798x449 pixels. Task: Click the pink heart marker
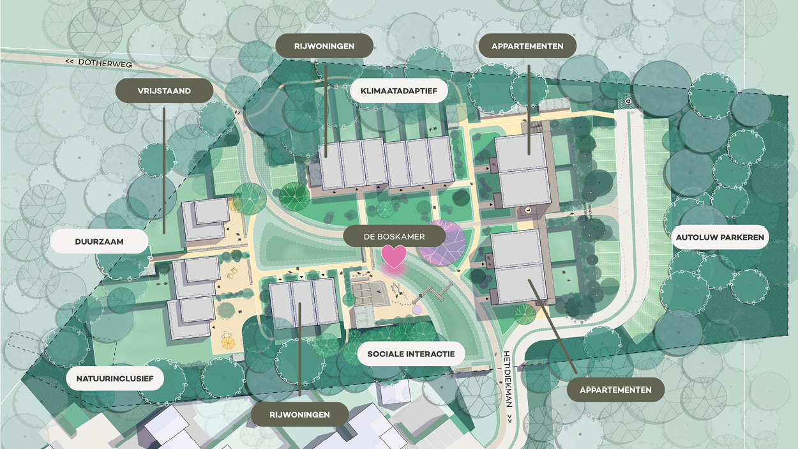click(394, 256)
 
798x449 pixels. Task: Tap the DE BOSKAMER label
click(394, 236)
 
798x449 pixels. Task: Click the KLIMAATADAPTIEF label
click(398, 91)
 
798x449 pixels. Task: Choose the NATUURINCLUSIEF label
click(115, 379)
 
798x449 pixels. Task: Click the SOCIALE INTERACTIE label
click(410, 353)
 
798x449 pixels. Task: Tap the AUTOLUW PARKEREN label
click(719, 238)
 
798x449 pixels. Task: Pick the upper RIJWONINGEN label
click(324, 46)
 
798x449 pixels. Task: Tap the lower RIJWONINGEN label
click(299, 415)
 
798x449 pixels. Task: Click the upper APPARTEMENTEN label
click(527, 46)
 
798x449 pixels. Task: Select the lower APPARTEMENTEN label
click(615, 390)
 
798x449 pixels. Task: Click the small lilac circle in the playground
click(418, 310)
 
